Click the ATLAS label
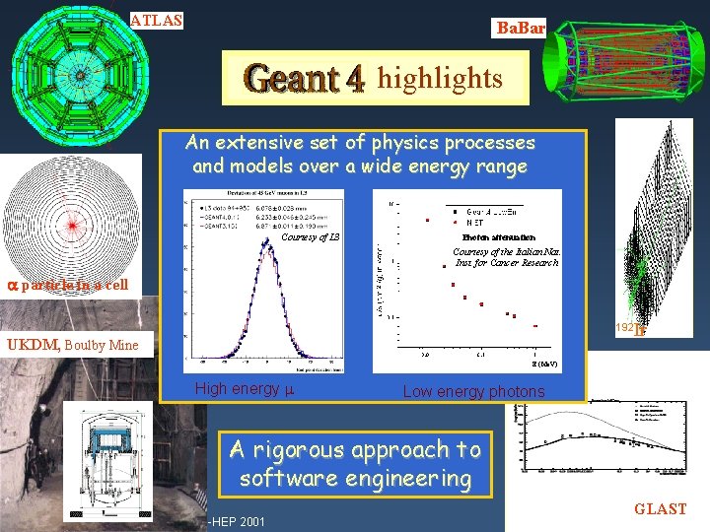click(x=157, y=19)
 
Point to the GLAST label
click(x=660, y=509)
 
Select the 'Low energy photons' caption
click(x=473, y=392)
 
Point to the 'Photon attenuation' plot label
click(x=498, y=237)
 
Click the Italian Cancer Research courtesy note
click(x=506, y=257)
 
